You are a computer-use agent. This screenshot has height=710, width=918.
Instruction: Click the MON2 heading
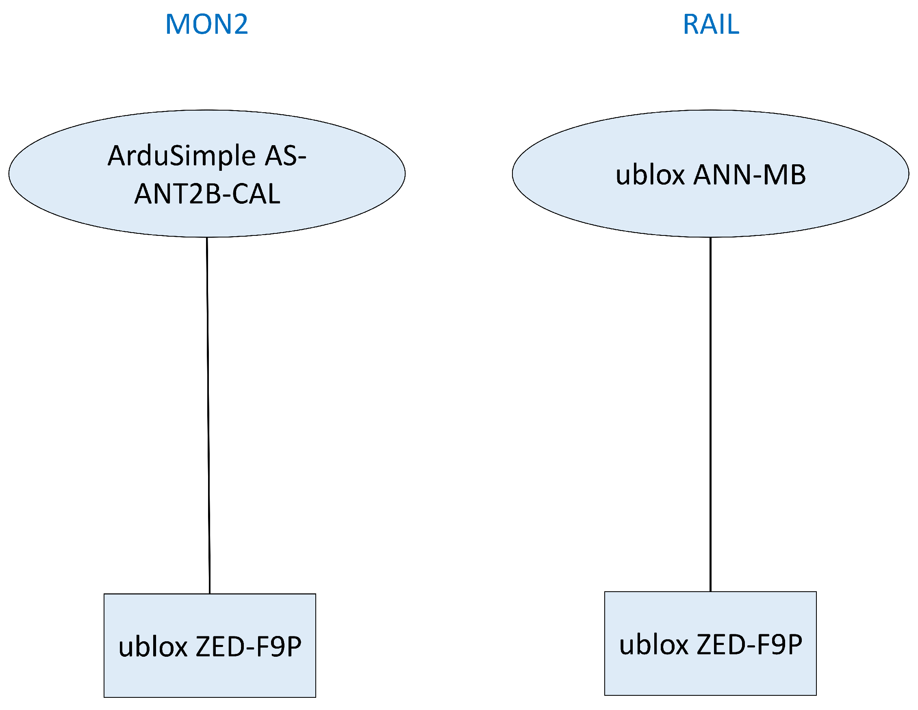206,24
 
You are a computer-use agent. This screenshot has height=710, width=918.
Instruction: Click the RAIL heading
710,24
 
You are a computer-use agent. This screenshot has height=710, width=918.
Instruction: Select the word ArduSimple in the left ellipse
182,156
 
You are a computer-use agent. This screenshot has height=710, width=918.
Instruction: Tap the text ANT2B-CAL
207,194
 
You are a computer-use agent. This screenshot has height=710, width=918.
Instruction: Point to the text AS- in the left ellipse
285,156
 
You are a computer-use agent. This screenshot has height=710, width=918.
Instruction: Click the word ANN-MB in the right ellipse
749,174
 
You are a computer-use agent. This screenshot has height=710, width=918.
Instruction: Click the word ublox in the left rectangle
152,647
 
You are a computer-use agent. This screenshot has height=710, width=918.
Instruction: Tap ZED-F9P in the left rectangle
248,647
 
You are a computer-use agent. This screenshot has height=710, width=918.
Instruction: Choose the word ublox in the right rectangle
653,645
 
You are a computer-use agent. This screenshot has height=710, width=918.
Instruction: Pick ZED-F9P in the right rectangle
749,645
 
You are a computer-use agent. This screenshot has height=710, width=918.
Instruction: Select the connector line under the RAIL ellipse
710,414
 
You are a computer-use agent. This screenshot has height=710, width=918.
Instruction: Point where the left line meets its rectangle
209,594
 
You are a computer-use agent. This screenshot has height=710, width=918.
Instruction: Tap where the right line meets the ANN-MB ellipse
710,237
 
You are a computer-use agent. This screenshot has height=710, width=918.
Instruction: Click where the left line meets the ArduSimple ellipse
207,237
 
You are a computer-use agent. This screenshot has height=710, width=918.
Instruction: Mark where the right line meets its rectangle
710,592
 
